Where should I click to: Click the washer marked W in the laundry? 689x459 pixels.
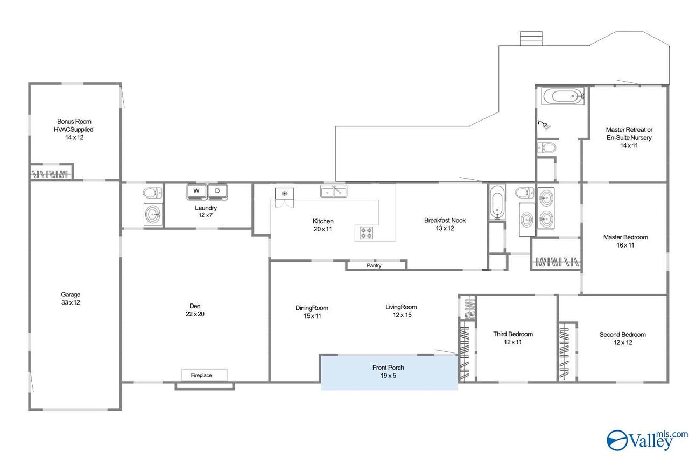pyautogui.click(x=196, y=192)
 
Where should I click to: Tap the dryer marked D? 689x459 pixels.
pyautogui.click(x=217, y=192)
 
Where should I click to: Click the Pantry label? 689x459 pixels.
pyautogui.click(x=374, y=265)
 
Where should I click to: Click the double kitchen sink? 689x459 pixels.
pyautogui.click(x=334, y=192)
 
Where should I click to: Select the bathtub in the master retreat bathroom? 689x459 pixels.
pyautogui.click(x=563, y=96)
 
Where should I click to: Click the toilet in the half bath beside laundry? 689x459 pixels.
pyautogui.click(x=152, y=193)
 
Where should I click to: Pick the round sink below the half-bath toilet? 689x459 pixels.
pyautogui.click(x=153, y=214)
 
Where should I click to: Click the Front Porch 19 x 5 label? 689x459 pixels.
pyautogui.click(x=388, y=371)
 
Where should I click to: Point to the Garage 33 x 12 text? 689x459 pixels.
pyautogui.click(x=71, y=299)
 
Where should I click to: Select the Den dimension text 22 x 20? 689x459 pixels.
pyautogui.click(x=195, y=314)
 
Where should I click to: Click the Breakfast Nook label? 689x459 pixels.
pyautogui.click(x=445, y=221)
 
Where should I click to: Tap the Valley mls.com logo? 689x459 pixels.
pyautogui.click(x=647, y=440)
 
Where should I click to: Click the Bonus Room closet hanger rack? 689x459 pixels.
pyautogui.click(x=50, y=174)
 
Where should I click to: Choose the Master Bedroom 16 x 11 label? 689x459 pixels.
pyautogui.click(x=625, y=241)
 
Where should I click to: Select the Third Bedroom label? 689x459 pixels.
pyautogui.click(x=513, y=334)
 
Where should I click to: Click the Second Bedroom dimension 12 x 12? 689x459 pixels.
pyautogui.click(x=623, y=342)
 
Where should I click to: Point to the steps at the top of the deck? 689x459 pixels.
pyautogui.click(x=531, y=38)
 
